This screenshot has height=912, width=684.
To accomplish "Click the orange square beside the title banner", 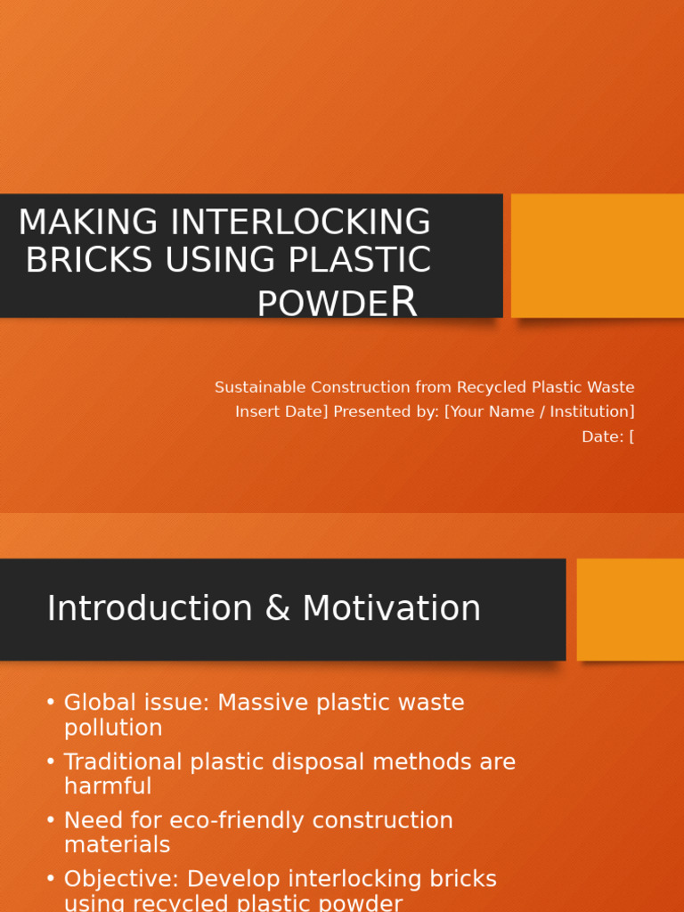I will coord(598,256).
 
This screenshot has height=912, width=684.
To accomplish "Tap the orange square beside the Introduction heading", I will coord(631,609).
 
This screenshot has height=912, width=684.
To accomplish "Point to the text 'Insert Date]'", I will coord(281,411).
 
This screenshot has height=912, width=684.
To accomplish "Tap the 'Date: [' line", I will coord(607,436).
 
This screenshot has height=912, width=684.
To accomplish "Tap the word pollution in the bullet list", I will coord(113,728).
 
